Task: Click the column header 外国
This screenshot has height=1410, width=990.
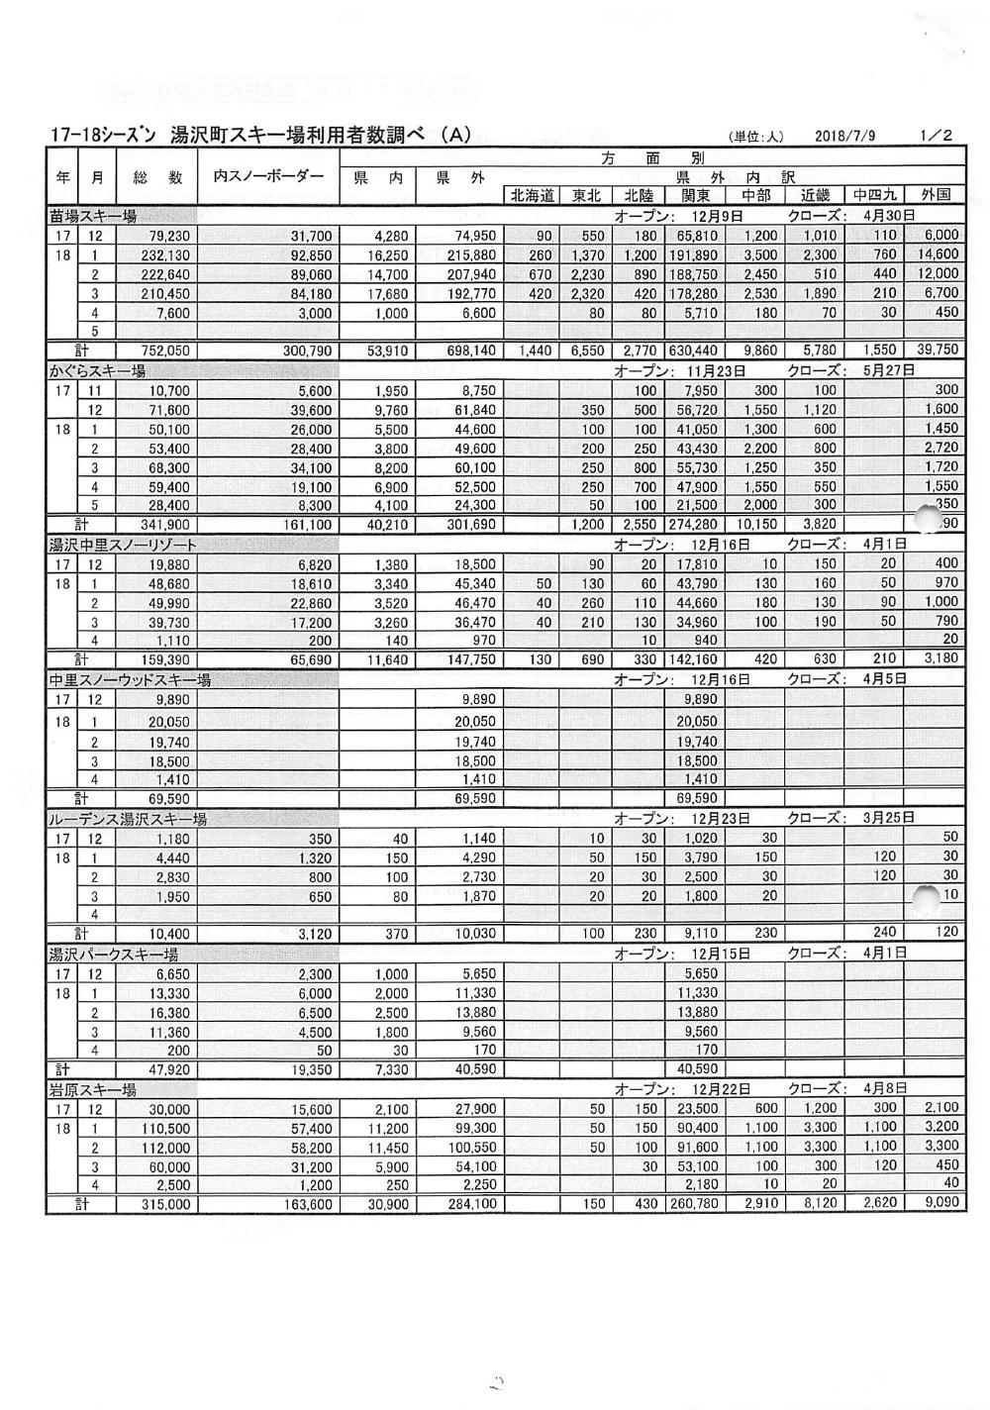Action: point(935,196)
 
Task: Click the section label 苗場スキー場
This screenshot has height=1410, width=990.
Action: point(93,216)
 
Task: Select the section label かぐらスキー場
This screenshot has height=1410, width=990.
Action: point(97,370)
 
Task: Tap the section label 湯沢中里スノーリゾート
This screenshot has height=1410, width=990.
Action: point(123,545)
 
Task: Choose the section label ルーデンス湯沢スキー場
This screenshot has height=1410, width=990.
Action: point(128,819)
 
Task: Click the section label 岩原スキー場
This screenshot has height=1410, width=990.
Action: point(93,1090)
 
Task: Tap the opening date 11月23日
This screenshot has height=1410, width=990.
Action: point(719,370)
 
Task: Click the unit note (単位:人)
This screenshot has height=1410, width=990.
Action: point(757,138)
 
